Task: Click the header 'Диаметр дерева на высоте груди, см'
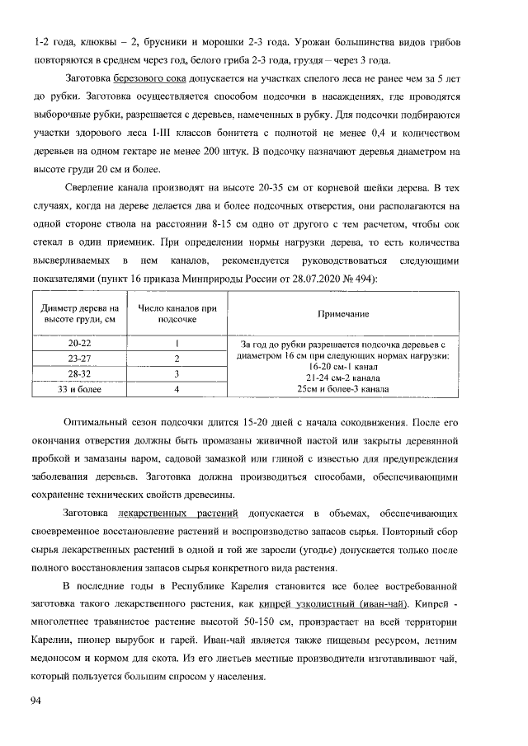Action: click(80, 313)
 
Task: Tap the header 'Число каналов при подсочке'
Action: click(177, 313)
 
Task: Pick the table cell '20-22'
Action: click(80, 343)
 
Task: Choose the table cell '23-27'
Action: click(80, 359)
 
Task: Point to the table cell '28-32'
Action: click(80, 373)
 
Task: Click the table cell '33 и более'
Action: click(80, 389)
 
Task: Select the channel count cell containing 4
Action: click(177, 389)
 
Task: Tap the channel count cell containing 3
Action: click(177, 373)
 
